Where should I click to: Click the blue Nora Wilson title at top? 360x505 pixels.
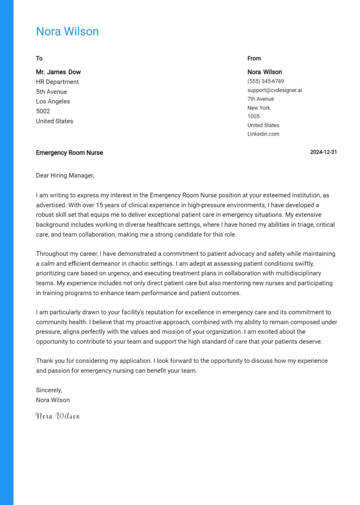[67, 32]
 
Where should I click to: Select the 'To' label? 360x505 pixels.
[39, 58]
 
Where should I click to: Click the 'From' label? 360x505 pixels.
[254, 58]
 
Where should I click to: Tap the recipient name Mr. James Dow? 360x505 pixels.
[58, 72]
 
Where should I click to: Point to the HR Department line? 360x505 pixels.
[57, 82]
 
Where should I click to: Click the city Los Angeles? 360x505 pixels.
[53, 102]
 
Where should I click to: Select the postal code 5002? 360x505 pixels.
[43, 111]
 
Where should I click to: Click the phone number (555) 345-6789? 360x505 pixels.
[265, 81]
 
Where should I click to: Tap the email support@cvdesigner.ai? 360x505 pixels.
[275, 90]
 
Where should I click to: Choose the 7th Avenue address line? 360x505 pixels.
[260, 99]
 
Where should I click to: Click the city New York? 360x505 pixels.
[258, 108]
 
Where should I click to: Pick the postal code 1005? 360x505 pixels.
[253, 116]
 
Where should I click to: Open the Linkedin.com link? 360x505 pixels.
[263, 134]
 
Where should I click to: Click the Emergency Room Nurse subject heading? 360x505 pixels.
[70, 153]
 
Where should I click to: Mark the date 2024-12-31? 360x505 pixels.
[323, 152]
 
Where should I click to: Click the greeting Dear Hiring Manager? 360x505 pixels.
[65, 175]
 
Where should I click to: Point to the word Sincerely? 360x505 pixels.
[49, 390]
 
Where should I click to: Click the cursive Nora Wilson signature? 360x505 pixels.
[58, 416]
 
